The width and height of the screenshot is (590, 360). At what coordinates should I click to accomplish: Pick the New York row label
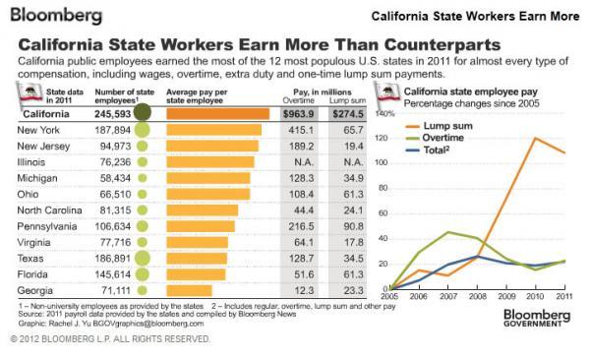pos(41,130)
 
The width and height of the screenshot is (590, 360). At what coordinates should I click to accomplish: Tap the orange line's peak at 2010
pos(535,138)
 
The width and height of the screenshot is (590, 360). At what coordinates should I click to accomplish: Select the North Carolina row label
pos(55,210)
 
